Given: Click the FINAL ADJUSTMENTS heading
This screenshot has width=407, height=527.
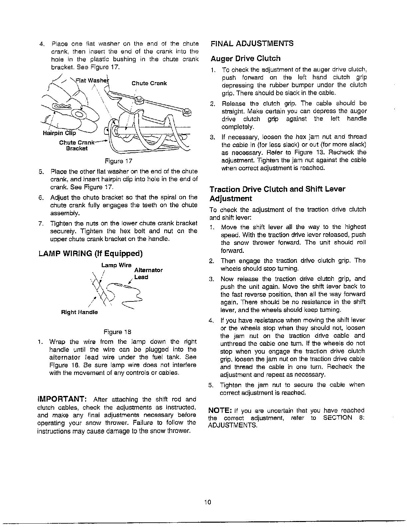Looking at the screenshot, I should coord(252,44).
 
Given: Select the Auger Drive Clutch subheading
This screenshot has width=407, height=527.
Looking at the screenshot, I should coord(245,59).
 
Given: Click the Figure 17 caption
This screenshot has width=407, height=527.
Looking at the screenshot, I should coord(118,161).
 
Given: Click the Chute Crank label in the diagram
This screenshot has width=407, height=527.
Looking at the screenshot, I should coord(149,83).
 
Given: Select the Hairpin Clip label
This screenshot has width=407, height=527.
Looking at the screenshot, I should coord(60,133).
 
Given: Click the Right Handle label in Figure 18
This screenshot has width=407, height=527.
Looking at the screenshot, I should coord(79,312).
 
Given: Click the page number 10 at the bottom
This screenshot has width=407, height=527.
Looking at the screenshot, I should coord(208,502).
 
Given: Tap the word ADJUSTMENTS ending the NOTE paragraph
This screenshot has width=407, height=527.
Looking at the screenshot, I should coord(232,426).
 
